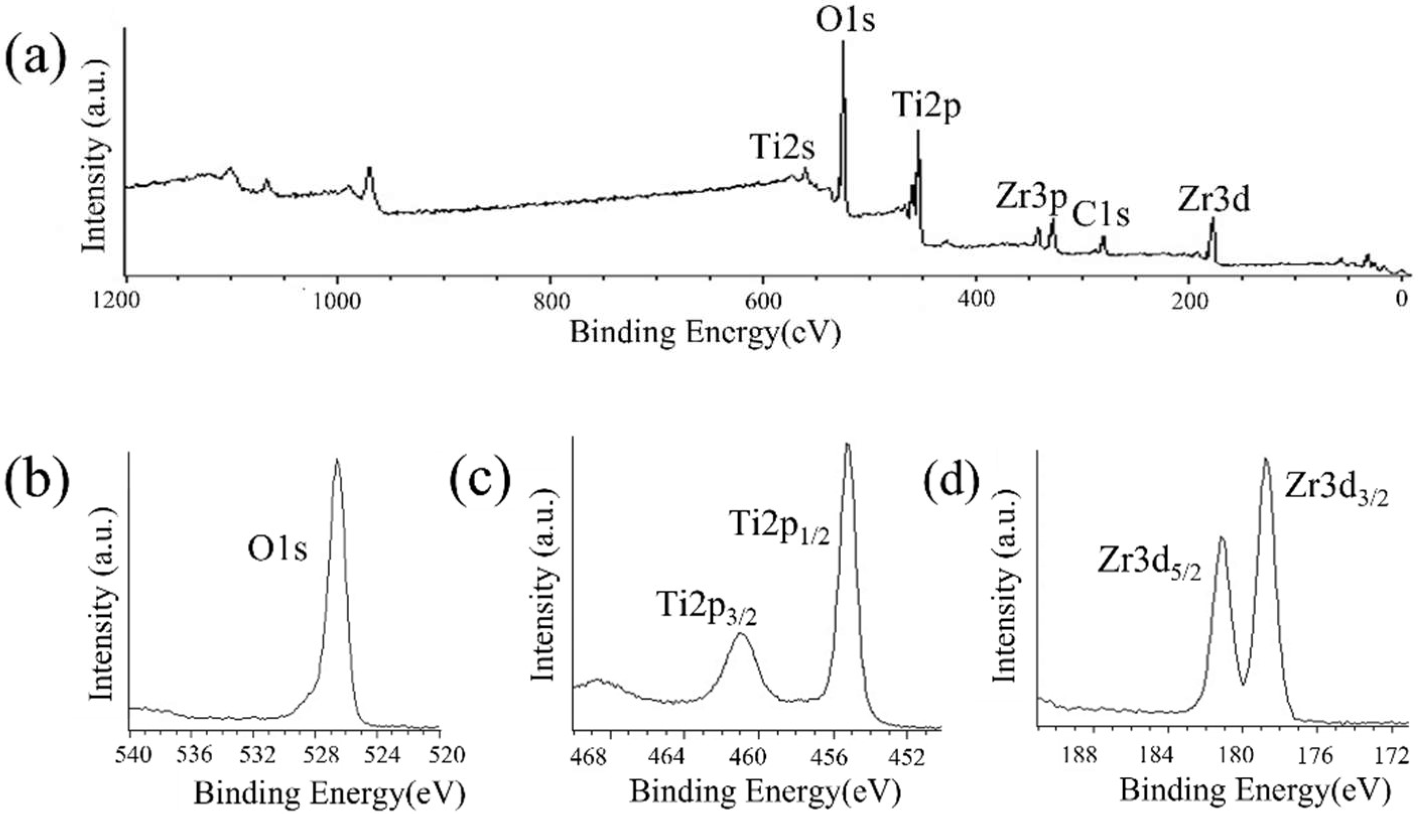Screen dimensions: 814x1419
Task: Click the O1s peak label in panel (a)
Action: (x=845, y=20)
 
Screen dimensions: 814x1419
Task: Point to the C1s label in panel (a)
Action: (x=1100, y=215)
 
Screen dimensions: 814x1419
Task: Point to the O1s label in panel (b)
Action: (x=278, y=550)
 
